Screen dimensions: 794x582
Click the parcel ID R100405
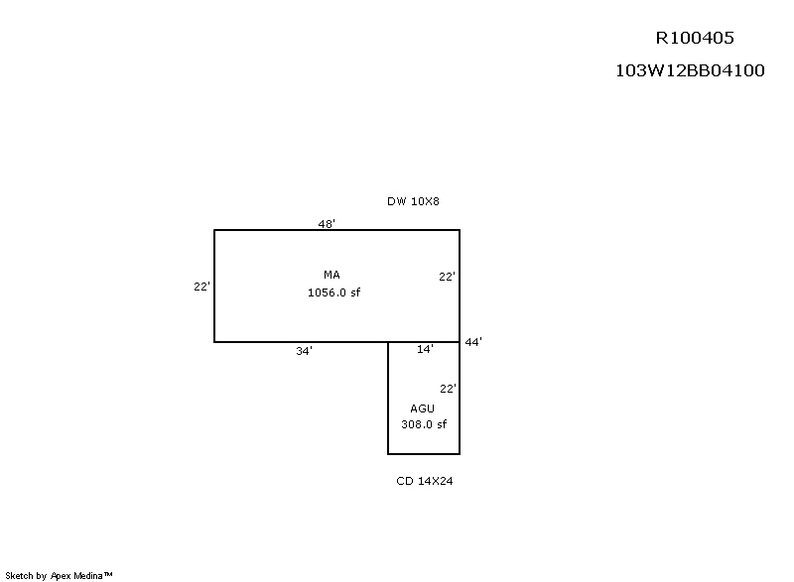tap(695, 38)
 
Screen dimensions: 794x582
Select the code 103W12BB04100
tap(690, 70)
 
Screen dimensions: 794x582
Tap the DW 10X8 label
tap(413, 201)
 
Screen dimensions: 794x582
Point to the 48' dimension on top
tap(327, 223)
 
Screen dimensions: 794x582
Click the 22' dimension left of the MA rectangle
tap(201, 287)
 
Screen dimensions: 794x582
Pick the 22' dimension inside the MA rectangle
tap(447, 277)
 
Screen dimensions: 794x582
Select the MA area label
tap(331, 275)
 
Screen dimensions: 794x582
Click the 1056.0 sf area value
tap(333, 292)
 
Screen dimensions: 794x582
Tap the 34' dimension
tap(304, 351)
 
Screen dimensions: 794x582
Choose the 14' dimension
tap(425, 349)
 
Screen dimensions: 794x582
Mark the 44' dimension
tap(473, 342)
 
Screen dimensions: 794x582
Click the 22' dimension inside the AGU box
tap(448, 389)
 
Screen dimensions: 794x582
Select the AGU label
tap(423, 408)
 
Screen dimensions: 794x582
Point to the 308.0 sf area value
tap(424, 424)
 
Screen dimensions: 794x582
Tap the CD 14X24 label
tap(425, 481)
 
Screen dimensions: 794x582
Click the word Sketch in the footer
tap(19, 575)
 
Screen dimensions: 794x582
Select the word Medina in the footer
tap(88, 575)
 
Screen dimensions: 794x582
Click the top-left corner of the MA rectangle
tap(214, 230)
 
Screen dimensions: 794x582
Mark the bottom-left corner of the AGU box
tap(388, 454)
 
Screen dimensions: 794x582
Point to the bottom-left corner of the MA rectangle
tap(214, 342)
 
